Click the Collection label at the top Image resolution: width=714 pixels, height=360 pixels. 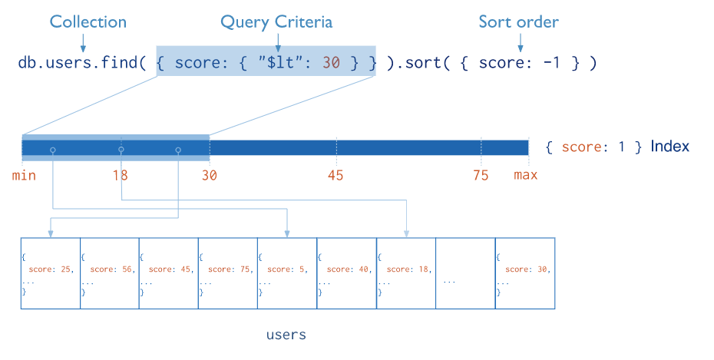[88, 21]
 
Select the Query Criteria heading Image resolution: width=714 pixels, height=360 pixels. [276, 22]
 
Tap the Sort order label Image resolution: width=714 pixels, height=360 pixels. [519, 21]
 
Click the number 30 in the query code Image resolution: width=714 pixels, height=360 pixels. [331, 62]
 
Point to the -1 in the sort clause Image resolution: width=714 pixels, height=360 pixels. [551, 62]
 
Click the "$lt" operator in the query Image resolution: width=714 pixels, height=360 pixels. [282, 62]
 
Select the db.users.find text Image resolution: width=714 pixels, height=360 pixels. [78, 62]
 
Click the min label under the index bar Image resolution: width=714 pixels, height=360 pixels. [24, 175]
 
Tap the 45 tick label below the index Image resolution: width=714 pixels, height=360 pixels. [336, 175]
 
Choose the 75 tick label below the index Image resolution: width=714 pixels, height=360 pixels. [481, 175]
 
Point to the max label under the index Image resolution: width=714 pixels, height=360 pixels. [525, 175]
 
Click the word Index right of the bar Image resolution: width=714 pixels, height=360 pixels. [669, 146]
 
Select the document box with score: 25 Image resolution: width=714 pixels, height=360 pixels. [51, 273]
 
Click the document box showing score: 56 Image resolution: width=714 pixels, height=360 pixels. [110, 273]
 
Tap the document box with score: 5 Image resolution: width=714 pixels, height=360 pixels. [287, 273]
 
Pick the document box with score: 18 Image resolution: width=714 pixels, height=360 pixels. [406, 273]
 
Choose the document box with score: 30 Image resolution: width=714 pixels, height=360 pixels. [525, 273]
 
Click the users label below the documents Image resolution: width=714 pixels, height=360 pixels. [286, 335]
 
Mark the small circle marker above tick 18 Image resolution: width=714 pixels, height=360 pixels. [121, 149]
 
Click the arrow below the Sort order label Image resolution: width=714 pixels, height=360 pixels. [520, 43]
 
